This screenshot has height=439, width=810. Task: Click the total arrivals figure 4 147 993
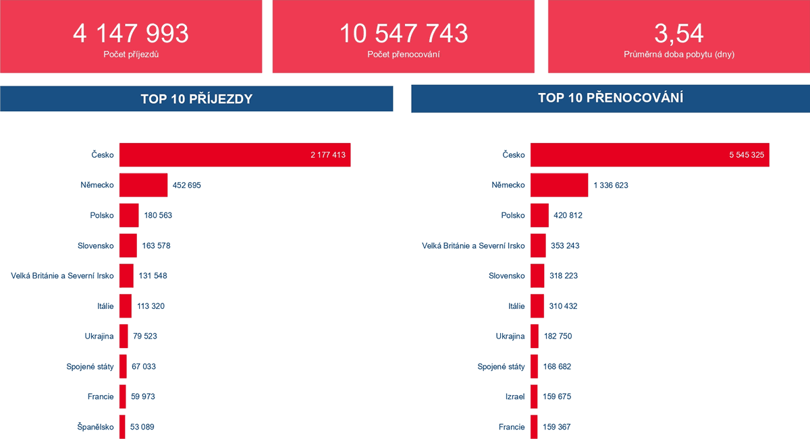point(131,33)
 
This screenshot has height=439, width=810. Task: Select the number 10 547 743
point(403,33)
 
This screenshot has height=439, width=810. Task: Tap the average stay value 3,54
point(678,33)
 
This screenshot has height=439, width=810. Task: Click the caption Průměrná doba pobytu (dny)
point(678,54)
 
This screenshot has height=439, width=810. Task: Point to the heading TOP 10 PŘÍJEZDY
point(196,99)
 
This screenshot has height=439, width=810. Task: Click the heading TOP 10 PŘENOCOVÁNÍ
point(610,98)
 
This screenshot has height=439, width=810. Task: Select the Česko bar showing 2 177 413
point(235,154)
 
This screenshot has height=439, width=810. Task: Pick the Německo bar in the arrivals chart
point(143,185)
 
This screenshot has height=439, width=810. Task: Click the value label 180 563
point(158,215)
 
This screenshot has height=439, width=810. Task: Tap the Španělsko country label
point(95,426)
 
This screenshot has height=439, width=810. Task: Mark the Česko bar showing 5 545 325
point(649,154)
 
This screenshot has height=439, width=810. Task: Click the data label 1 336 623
point(611,185)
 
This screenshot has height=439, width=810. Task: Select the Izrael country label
point(514,397)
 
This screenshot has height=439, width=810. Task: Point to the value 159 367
point(557,426)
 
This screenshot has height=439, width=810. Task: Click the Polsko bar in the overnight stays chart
point(539,215)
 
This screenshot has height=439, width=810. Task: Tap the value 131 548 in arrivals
point(153,276)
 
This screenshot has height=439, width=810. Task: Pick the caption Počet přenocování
point(403,54)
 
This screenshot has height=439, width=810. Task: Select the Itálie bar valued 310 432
point(537,306)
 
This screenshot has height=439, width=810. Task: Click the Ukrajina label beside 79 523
point(99,336)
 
